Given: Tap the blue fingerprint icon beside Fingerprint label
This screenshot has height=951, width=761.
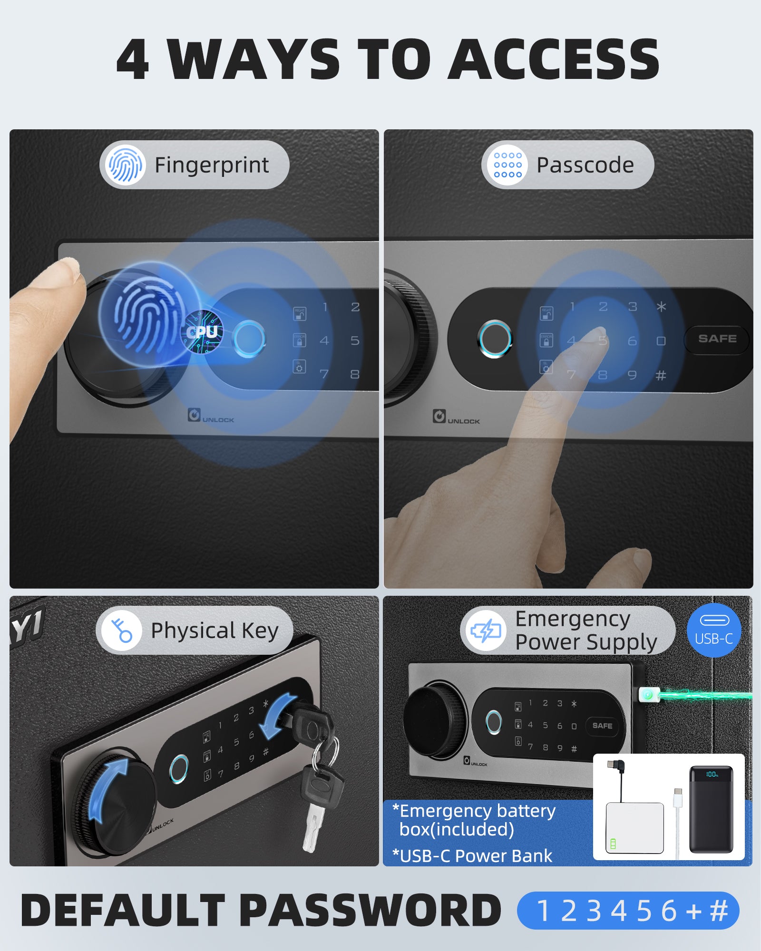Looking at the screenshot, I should (125, 165).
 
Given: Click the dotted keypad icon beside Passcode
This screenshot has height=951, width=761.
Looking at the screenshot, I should (507, 165).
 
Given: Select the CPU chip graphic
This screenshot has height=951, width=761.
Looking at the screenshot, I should (203, 332).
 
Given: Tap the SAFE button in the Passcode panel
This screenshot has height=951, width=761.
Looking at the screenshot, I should (717, 339).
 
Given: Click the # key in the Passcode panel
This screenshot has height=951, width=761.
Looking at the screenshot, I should (661, 376).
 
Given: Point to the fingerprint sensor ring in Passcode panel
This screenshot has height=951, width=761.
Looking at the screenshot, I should (495, 339).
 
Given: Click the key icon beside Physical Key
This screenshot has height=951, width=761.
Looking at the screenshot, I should (122, 631).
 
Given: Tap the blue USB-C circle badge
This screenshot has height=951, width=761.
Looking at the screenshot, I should (713, 630).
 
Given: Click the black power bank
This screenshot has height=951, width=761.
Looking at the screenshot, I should (711, 808).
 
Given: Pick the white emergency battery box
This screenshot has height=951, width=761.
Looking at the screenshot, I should (634, 827).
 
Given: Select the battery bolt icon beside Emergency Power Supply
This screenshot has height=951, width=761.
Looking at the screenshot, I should (486, 631).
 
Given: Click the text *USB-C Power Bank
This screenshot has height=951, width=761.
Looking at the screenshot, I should (472, 856).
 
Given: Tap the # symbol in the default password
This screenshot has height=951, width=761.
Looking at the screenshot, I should (719, 911).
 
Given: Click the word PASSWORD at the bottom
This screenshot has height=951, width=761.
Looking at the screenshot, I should (370, 910).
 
